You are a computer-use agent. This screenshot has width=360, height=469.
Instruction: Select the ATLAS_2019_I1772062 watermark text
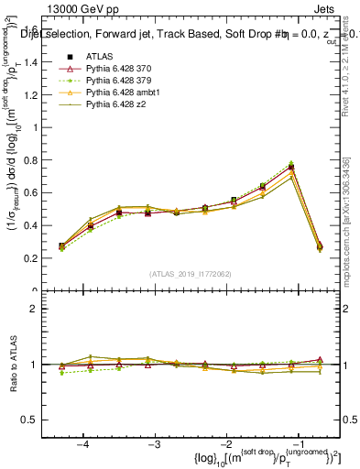coord(190,273)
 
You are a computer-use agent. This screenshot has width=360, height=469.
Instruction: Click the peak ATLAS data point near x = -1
coord(291,168)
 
